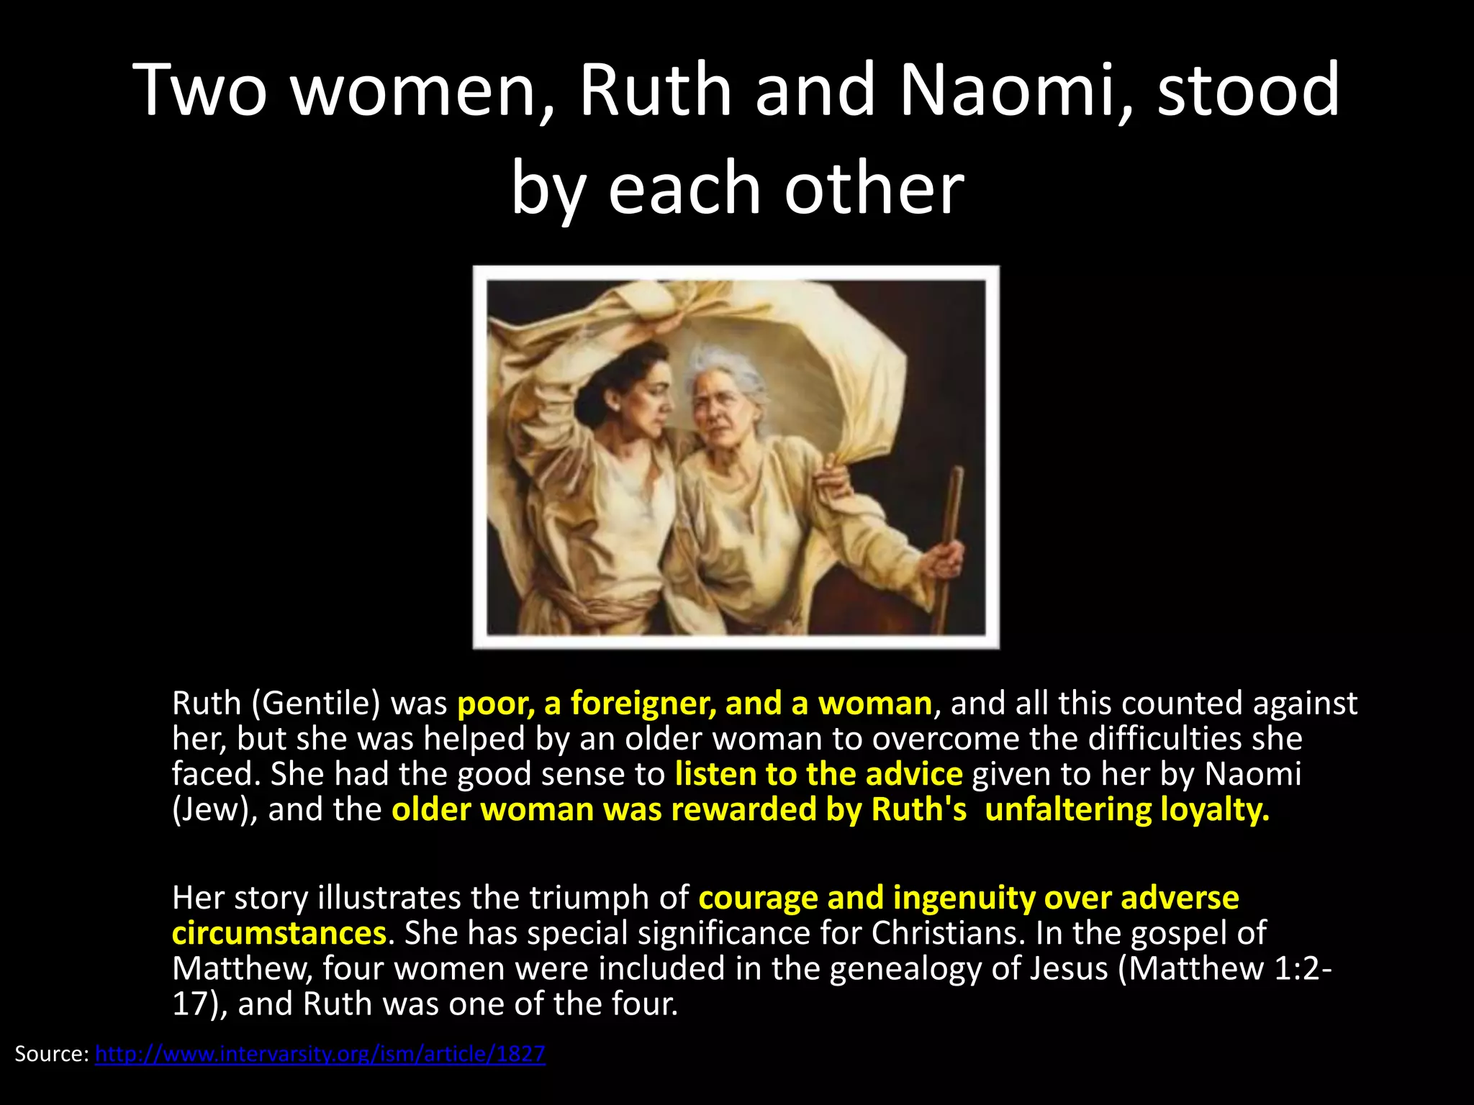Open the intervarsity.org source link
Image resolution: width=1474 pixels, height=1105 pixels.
[x=320, y=1054]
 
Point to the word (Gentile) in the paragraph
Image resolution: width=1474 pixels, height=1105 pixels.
[x=315, y=704]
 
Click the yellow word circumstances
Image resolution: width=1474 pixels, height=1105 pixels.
[x=279, y=934]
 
